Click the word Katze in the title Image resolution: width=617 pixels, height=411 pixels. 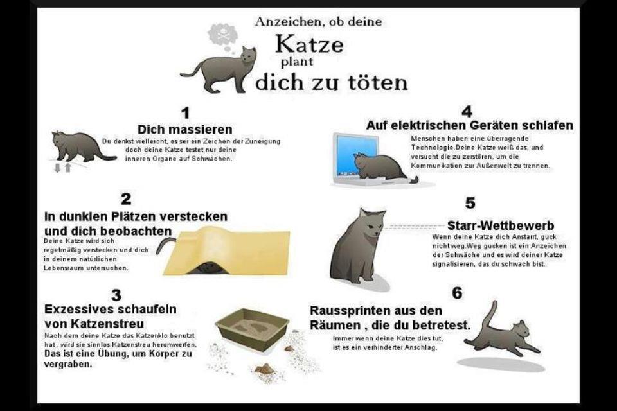pos(309,44)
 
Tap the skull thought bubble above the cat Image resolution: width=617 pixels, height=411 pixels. pos(223,35)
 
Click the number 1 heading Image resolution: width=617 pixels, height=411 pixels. pos(185,113)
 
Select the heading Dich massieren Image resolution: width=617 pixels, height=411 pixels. pos(185,129)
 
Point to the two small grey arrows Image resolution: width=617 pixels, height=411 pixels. pos(62,168)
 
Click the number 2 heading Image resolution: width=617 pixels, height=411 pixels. pos(126,199)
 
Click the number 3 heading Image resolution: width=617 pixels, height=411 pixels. pos(116,295)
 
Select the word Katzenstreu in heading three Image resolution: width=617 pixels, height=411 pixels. pos(107,324)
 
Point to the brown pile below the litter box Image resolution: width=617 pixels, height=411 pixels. pos(264,369)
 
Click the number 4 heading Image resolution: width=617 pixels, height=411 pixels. pos(467,112)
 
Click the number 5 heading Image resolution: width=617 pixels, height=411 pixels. pos(470,203)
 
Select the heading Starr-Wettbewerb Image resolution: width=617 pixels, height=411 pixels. pos(501,225)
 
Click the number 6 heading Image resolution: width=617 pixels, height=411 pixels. pos(457,293)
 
